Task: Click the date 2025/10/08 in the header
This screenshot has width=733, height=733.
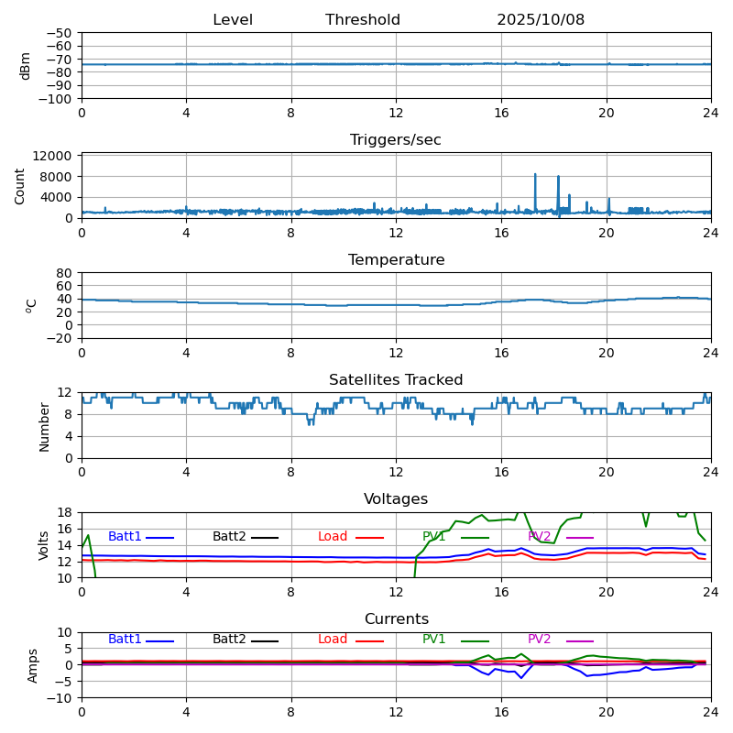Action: pyautogui.click(x=541, y=20)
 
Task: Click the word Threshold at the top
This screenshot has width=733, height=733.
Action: pyautogui.click(x=363, y=20)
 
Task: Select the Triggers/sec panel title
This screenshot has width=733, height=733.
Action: pyautogui.click(x=396, y=140)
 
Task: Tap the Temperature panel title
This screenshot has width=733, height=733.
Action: pyautogui.click(x=396, y=260)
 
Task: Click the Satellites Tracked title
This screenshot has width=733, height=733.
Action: pyautogui.click(x=396, y=380)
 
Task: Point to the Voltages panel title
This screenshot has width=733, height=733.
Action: pyautogui.click(x=396, y=499)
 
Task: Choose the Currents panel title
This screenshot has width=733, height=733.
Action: pyautogui.click(x=396, y=619)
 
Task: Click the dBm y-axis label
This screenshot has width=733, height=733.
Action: pyautogui.click(x=26, y=65)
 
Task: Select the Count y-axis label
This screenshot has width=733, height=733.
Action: pyautogui.click(x=20, y=185)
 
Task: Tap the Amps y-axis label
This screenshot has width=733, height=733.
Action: pyautogui.click(x=33, y=665)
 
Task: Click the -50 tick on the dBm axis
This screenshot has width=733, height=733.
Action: pyautogui.click(x=60, y=33)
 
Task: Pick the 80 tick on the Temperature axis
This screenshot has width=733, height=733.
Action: pyautogui.click(x=65, y=273)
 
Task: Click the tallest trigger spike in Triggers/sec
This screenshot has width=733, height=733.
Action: pyautogui.click(x=535, y=175)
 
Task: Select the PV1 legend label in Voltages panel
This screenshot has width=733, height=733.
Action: pyautogui.click(x=434, y=537)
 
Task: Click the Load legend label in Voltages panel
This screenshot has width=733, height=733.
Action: pyautogui.click(x=333, y=537)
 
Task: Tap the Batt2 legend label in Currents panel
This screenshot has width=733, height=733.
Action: pyautogui.click(x=229, y=640)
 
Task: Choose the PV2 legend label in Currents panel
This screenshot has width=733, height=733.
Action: pyautogui.click(x=540, y=640)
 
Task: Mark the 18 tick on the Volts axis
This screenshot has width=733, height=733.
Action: pyautogui.click(x=65, y=512)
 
